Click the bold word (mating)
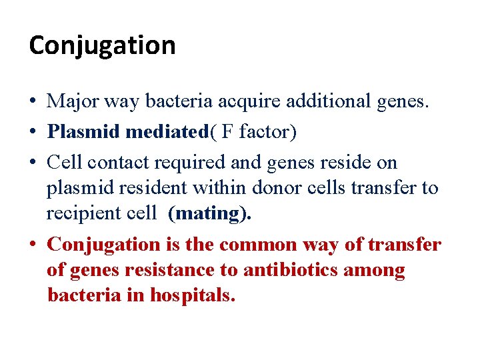tap(210, 213)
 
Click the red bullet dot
tap(33, 245)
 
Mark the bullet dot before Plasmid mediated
tap(33, 133)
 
